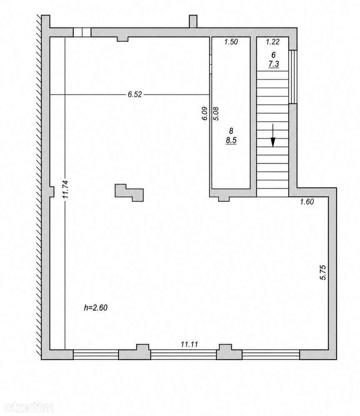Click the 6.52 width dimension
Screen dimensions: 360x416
(x=135, y=94)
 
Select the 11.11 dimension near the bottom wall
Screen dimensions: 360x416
(x=189, y=344)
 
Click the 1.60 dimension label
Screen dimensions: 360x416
(x=307, y=202)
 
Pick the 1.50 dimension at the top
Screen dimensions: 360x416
(x=231, y=42)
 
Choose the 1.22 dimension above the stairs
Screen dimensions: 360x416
(x=272, y=42)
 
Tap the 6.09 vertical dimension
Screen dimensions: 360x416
(x=205, y=114)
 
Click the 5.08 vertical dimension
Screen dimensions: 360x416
(x=216, y=114)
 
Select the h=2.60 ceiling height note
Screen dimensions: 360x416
(x=96, y=307)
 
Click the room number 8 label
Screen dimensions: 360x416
(x=231, y=130)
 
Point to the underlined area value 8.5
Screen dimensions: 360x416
(x=231, y=140)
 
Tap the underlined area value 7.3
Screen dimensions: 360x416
(x=273, y=64)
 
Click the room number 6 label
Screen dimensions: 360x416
(x=273, y=55)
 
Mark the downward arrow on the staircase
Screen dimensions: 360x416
(x=272, y=135)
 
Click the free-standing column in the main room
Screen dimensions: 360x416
(x=129, y=193)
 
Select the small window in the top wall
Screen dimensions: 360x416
(x=82, y=32)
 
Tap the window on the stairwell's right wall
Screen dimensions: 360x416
(x=293, y=77)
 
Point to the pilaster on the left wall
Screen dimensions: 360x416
(x=52, y=192)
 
